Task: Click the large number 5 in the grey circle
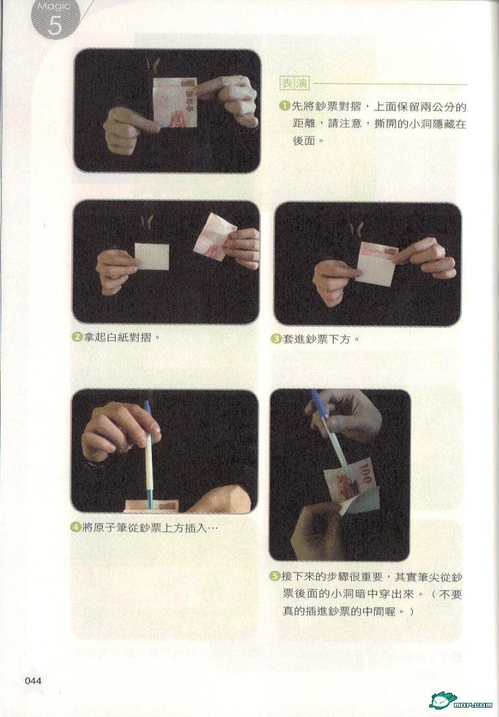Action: click(54, 26)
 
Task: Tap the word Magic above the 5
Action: click(54, 7)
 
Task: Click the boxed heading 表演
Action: click(295, 83)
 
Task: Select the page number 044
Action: click(33, 681)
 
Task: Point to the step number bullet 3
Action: click(276, 339)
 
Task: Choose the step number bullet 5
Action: click(275, 576)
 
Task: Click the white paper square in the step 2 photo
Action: click(152, 256)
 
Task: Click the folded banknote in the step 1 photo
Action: click(175, 102)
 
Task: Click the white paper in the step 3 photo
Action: click(375, 270)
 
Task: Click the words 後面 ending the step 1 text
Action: click(304, 141)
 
